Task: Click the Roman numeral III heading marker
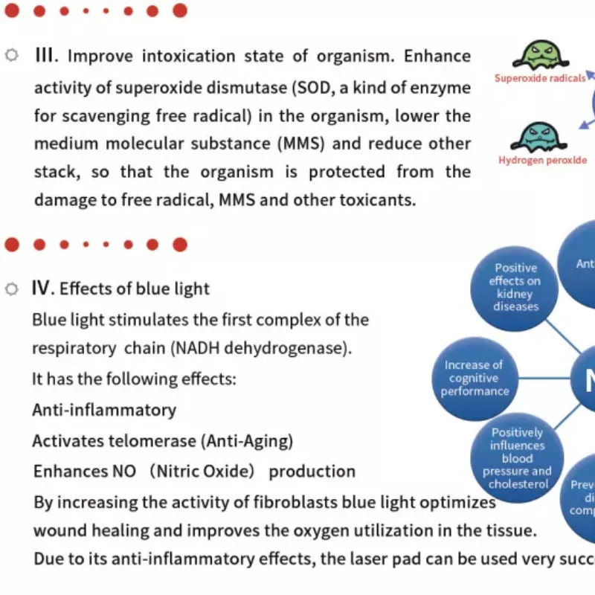pyautogui.click(x=45, y=56)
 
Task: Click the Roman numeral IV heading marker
pyautogui.click(x=41, y=288)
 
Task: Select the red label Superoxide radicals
pyautogui.click(x=540, y=78)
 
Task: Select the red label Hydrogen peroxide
pyautogui.click(x=543, y=160)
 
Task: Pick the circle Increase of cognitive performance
pyautogui.click(x=474, y=378)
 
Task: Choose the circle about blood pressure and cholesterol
pyautogui.click(x=517, y=457)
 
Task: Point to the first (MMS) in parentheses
pyautogui.click(x=303, y=144)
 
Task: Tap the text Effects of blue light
pyautogui.click(x=135, y=289)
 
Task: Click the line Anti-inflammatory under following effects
pyautogui.click(x=104, y=409)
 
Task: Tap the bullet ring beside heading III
pyautogui.click(x=12, y=56)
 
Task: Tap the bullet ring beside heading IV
pyautogui.click(x=11, y=289)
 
